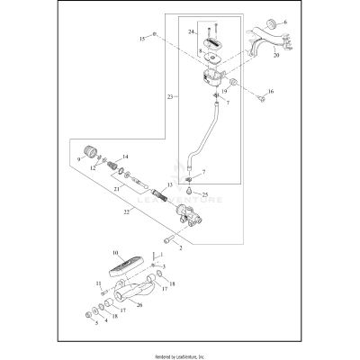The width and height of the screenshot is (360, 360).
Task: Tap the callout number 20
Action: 275,54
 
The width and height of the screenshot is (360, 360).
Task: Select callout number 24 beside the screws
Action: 190,32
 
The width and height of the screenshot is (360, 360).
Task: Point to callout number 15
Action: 140,40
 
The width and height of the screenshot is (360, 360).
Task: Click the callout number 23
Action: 171,95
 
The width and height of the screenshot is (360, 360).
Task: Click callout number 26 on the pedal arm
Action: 139,304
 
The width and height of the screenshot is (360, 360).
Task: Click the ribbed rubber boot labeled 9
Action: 90,149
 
